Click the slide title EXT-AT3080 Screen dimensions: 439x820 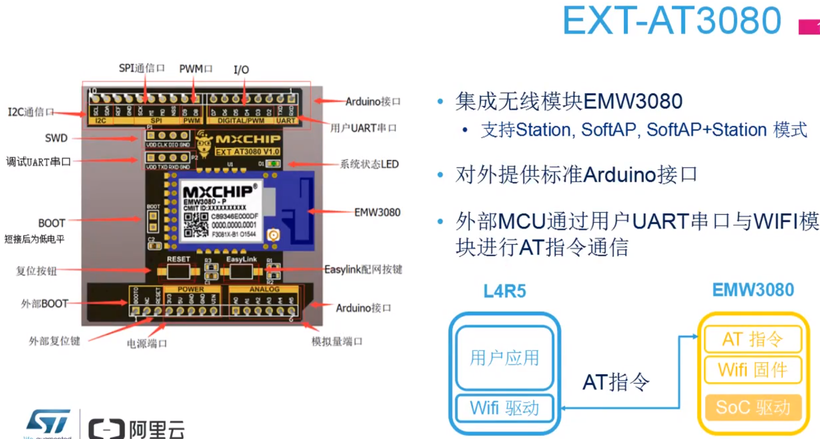672,21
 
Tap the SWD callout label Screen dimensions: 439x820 56,138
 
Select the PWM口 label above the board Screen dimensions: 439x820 196,69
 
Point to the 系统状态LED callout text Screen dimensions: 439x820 369,164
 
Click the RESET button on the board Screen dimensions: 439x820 178,272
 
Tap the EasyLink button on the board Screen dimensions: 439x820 241,272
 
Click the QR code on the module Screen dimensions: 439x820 196,225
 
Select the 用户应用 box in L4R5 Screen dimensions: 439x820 504,357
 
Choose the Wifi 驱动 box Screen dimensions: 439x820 504,408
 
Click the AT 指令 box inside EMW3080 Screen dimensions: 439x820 752,339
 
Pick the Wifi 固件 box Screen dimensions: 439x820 752,370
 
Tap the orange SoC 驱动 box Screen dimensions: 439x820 752,407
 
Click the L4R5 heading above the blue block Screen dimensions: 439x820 504,291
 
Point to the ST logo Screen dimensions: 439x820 49,422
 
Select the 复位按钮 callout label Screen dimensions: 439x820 36,271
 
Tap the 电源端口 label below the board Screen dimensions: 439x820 147,343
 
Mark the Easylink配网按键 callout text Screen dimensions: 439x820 363,270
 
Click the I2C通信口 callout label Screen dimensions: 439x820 31,112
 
